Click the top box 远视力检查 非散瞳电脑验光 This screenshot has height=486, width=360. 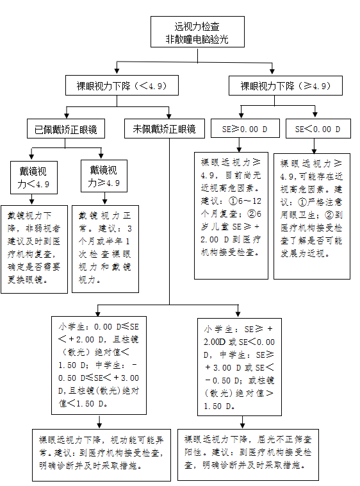[197, 32]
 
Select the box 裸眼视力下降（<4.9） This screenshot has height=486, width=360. [122, 85]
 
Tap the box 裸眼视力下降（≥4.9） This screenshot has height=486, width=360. [286, 85]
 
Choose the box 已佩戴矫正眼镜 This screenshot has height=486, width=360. [66, 129]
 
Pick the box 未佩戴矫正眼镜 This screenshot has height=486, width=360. [165, 129]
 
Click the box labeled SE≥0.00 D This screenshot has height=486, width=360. [245, 128]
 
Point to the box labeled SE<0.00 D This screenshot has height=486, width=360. [318, 128]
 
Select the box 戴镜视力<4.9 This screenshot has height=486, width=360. [34, 178]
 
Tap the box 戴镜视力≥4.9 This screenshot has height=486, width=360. [104, 176]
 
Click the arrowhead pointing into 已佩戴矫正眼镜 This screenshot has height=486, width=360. [67, 116]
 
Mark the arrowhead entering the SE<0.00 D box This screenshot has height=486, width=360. [315, 114]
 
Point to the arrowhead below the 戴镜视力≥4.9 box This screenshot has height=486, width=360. [104, 202]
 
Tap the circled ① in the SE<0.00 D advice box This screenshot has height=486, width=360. [302, 202]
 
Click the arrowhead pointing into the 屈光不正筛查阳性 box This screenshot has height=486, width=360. [243, 426]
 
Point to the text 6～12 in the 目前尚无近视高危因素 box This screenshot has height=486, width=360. [250, 201]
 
